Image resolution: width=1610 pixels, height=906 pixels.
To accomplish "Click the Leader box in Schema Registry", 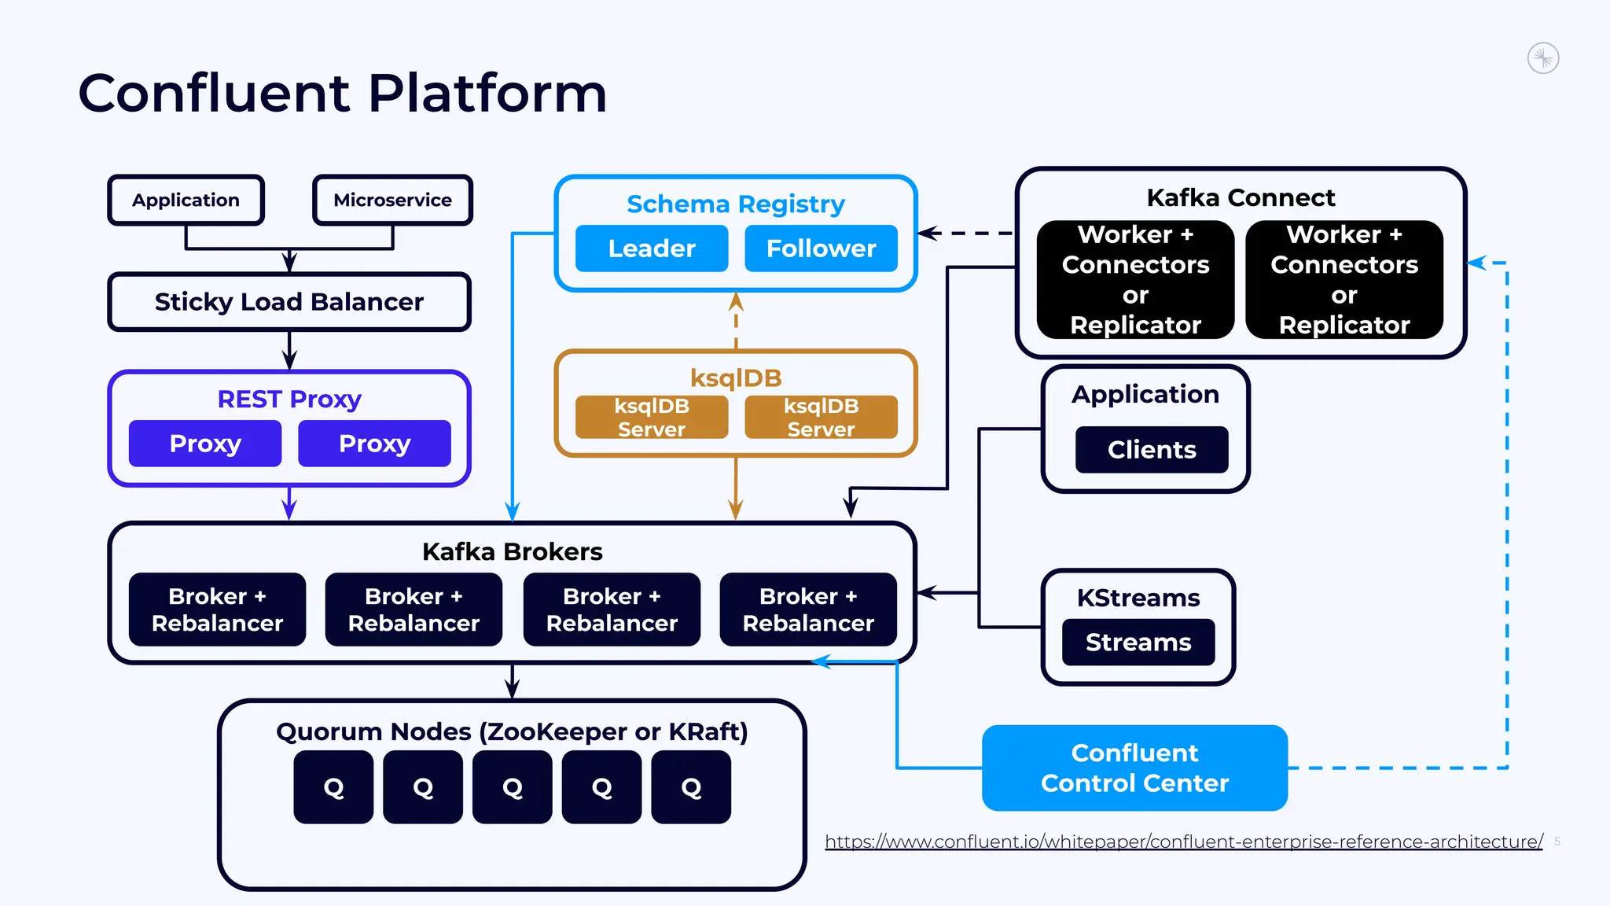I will coord(651,249).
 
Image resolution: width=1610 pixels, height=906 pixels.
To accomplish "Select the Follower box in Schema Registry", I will coord(821,249).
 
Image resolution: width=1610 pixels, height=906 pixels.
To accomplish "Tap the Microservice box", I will coord(392,200).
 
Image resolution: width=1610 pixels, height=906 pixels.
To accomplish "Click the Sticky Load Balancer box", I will coord(289,302).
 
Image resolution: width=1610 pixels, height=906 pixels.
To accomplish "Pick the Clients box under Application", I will coord(1151,450).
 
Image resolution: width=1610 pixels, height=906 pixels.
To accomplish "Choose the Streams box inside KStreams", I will coord(1138,643).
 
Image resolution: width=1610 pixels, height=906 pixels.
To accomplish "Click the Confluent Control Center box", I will coord(1134,768).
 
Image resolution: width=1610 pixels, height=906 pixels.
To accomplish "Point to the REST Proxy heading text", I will coord(289,399).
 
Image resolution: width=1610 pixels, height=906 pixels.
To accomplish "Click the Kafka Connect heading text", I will coord(1241,197).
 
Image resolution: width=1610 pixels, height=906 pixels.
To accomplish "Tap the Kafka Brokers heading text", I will coord(512,551).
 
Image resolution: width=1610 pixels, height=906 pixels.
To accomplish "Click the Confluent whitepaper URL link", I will coord(1183,842).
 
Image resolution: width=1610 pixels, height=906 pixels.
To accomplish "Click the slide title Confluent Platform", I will coord(343,93).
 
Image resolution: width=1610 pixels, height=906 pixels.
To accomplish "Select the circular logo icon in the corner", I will coord(1542,58).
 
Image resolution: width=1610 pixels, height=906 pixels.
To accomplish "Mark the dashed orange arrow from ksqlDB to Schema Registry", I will coord(736,321).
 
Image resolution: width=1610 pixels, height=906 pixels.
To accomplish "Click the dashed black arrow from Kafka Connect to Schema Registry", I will coord(967,233).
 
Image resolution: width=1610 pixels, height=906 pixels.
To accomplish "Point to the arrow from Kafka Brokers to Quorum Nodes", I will coord(513,681).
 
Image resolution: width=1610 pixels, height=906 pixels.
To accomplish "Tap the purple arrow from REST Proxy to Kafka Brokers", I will coord(289,503).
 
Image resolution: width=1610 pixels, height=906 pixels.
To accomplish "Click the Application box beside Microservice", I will coord(186,200).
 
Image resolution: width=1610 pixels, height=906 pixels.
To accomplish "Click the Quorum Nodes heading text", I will coord(512,731).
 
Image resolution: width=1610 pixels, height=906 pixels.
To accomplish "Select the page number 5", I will coord(1557,841).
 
